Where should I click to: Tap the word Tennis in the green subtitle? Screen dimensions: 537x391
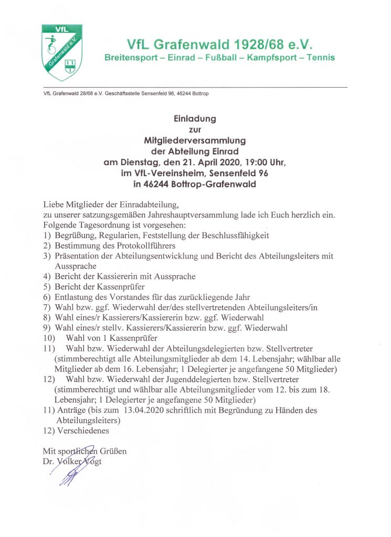click(x=320, y=57)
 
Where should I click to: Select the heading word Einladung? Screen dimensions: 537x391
click(x=195, y=119)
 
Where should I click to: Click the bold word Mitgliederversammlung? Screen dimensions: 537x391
click(x=195, y=141)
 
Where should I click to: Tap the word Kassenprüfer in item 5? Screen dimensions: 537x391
click(x=121, y=286)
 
